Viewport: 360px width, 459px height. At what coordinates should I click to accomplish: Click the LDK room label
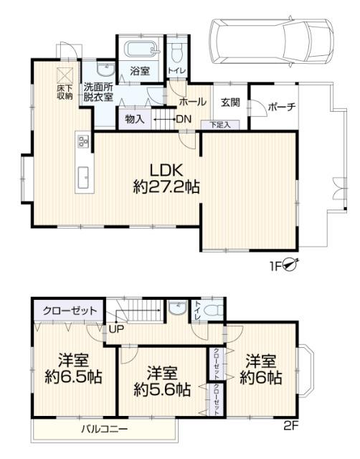(x=166, y=171)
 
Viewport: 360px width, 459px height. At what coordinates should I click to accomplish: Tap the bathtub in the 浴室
(x=141, y=48)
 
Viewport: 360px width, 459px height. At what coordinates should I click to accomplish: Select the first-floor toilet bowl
(x=177, y=52)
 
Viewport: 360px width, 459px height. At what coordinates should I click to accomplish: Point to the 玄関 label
(x=230, y=103)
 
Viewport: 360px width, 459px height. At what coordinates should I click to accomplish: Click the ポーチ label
(x=282, y=107)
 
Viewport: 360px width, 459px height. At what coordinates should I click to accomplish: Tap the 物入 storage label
(x=135, y=119)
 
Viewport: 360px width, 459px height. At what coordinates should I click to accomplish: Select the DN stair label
(x=184, y=119)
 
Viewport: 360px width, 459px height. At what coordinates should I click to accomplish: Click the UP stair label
(x=116, y=329)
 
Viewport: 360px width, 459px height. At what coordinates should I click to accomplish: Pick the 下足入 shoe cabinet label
(x=220, y=125)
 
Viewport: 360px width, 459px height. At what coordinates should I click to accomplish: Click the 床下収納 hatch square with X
(x=65, y=75)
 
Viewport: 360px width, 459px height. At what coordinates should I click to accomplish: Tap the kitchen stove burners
(x=83, y=141)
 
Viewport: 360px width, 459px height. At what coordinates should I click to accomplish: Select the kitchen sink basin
(x=84, y=178)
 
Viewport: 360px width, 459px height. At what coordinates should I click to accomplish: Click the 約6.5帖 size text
(x=73, y=377)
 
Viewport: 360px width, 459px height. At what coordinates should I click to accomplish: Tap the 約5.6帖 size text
(x=162, y=389)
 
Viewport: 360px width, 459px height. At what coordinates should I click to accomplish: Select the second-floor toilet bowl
(x=213, y=311)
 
